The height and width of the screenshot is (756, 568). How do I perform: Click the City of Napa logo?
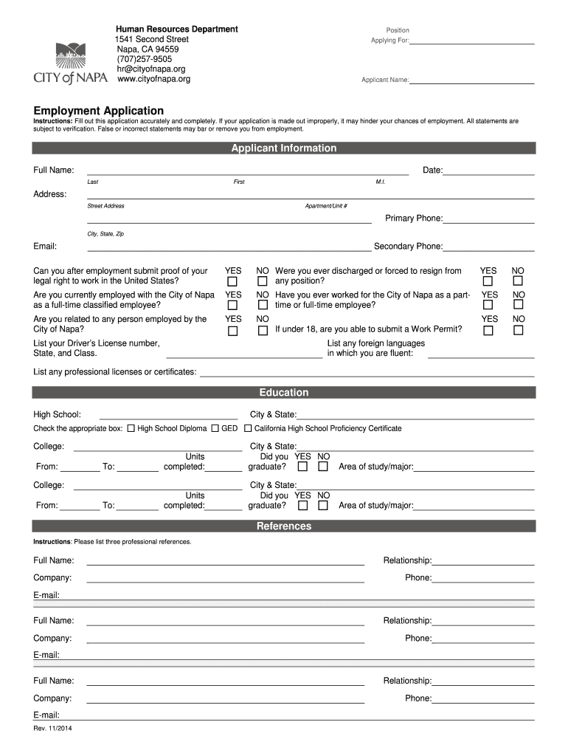click(70, 63)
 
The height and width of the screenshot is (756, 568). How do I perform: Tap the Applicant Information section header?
click(283, 148)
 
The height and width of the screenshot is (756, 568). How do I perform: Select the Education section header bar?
click(283, 393)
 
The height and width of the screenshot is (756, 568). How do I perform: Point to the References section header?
click(283, 526)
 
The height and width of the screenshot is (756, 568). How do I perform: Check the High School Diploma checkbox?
click(131, 428)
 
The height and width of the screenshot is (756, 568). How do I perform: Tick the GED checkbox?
click(215, 428)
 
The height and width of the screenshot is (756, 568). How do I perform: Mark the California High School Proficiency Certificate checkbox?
click(248, 428)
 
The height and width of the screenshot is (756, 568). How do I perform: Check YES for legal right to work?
click(232, 282)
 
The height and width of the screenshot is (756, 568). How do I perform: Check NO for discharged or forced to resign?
click(518, 281)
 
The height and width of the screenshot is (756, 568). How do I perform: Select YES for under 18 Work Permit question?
click(488, 330)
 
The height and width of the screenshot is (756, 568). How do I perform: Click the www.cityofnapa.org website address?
click(153, 79)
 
